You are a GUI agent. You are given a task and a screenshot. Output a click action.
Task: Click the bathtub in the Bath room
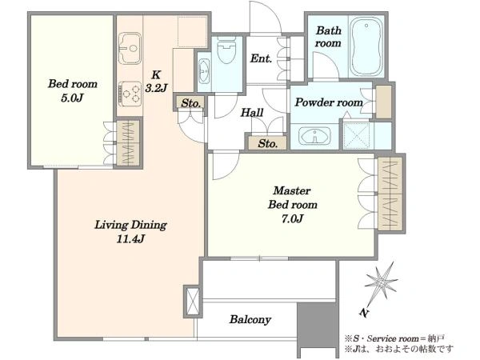coord(366,46)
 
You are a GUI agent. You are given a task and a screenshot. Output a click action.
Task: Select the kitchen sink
coord(130,48)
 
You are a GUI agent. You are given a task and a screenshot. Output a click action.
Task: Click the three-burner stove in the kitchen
coord(130,94)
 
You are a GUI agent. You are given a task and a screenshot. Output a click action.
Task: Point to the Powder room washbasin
coord(314,136)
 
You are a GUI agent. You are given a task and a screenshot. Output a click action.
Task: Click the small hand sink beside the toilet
coord(204,71)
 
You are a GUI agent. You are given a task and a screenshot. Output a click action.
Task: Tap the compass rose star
coord(381,282)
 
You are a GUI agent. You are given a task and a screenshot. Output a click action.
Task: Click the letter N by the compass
coord(364,313)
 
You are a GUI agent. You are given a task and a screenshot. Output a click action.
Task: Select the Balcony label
coord(250,319)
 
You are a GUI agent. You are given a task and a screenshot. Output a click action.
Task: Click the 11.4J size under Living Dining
coord(130,238)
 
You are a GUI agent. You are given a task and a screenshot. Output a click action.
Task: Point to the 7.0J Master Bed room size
coord(292,218)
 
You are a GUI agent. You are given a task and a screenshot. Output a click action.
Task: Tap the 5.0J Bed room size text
coord(72,98)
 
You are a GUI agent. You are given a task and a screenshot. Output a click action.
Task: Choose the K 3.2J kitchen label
coord(156,81)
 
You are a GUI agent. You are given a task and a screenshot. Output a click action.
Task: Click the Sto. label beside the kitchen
coord(190,103)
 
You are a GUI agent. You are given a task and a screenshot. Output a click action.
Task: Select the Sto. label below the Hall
coord(267,143)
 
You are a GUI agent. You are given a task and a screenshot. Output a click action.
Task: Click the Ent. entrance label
coord(261,58)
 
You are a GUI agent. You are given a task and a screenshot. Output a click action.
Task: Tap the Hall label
coord(252,113)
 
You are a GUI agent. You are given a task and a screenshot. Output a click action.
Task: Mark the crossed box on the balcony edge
coord(193,302)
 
